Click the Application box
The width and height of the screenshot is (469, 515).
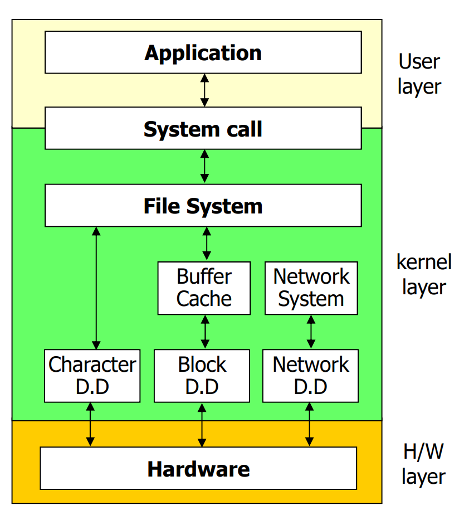[x=203, y=52]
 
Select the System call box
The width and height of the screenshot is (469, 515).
[x=203, y=129]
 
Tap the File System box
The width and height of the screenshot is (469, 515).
[x=203, y=206]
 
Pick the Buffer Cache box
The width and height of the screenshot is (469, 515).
[x=203, y=288]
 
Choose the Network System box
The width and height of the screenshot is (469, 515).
[x=311, y=288]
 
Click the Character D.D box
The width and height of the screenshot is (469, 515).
[x=92, y=375]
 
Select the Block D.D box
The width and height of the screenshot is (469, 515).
[x=202, y=375]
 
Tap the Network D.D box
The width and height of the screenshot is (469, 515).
[x=310, y=375]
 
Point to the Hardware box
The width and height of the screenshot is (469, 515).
[x=198, y=468]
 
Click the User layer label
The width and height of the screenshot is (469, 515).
[x=419, y=74]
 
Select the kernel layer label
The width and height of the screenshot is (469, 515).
[x=423, y=274]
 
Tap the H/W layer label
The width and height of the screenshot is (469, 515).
[x=423, y=464]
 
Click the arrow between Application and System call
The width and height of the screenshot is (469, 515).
[x=204, y=90]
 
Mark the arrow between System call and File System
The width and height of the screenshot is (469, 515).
[x=204, y=167]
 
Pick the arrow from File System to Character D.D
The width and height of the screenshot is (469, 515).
[x=96, y=288]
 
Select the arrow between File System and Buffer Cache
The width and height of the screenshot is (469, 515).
[x=207, y=244]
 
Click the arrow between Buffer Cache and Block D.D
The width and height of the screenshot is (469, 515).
[x=205, y=332]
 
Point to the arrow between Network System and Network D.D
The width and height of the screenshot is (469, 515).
[x=311, y=332]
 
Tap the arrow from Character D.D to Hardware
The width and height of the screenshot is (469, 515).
[x=90, y=424]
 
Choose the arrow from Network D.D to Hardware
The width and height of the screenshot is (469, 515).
[x=309, y=424]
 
